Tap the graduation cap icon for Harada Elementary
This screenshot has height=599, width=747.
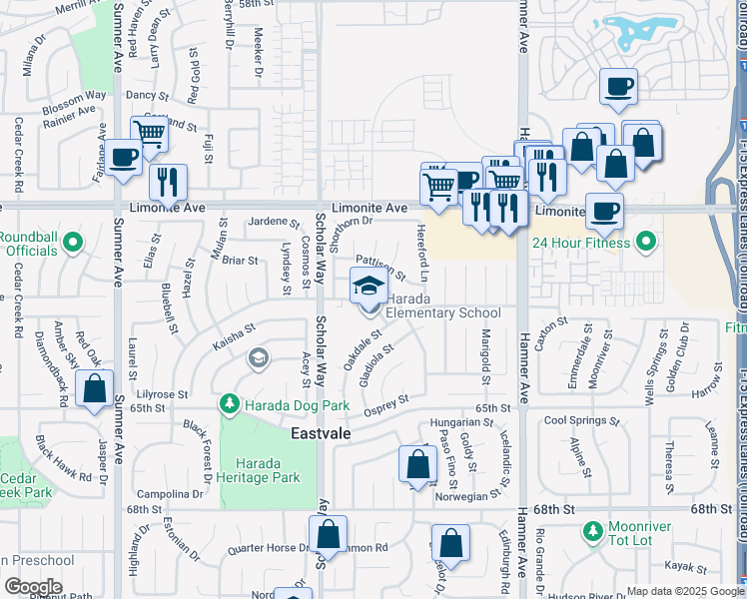click(x=368, y=287)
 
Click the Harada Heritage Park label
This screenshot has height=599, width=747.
click(x=266, y=470)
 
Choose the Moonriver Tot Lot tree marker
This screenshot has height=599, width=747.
click(x=592, y=528)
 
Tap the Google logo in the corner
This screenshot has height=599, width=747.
click(x=33, y=587)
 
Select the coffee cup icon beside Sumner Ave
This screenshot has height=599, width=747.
click(x=124, y=158)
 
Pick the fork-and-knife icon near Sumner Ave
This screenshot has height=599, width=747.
click(x=167, y=181)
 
